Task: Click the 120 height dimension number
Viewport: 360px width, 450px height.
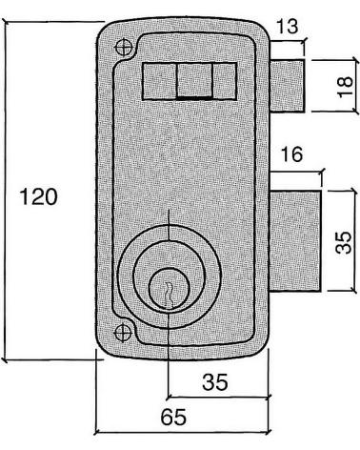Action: coord(39,196)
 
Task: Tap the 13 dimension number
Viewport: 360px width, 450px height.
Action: coord(288,27)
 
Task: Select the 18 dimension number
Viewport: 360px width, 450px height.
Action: coord(345,87)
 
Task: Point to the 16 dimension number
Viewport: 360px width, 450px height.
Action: coord(291,154)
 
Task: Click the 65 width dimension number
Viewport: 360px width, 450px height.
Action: coord(173,417)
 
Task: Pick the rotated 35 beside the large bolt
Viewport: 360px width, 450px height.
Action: coord(344,242)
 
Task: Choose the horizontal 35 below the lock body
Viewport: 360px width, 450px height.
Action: coord(215,382)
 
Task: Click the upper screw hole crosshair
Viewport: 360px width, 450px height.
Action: coord(124,48)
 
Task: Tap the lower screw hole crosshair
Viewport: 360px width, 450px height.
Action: coord(123,333)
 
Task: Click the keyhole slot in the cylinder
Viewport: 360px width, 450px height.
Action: coord(168,295)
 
